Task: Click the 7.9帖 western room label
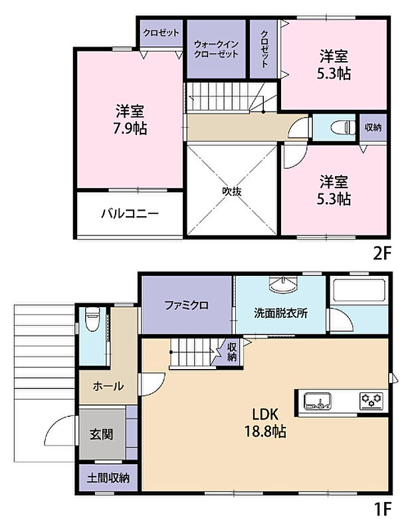click(x=130, y=120)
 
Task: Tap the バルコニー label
click(x=130, y=214)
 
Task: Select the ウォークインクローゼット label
click(x=216, y=49)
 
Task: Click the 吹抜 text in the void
click(x=231, y=191)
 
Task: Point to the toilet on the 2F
click(x=335, y=128)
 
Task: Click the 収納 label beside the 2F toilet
click(x=373, y=128)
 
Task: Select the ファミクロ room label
click(x=187, y=306)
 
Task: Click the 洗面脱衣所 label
click(x=280, y=314)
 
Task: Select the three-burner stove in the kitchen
click(x=371, y=400)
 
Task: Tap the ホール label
click(x=107, y=386)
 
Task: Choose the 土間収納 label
click(x=108, y=477)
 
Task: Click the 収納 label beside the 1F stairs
click(x=231, y=352)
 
